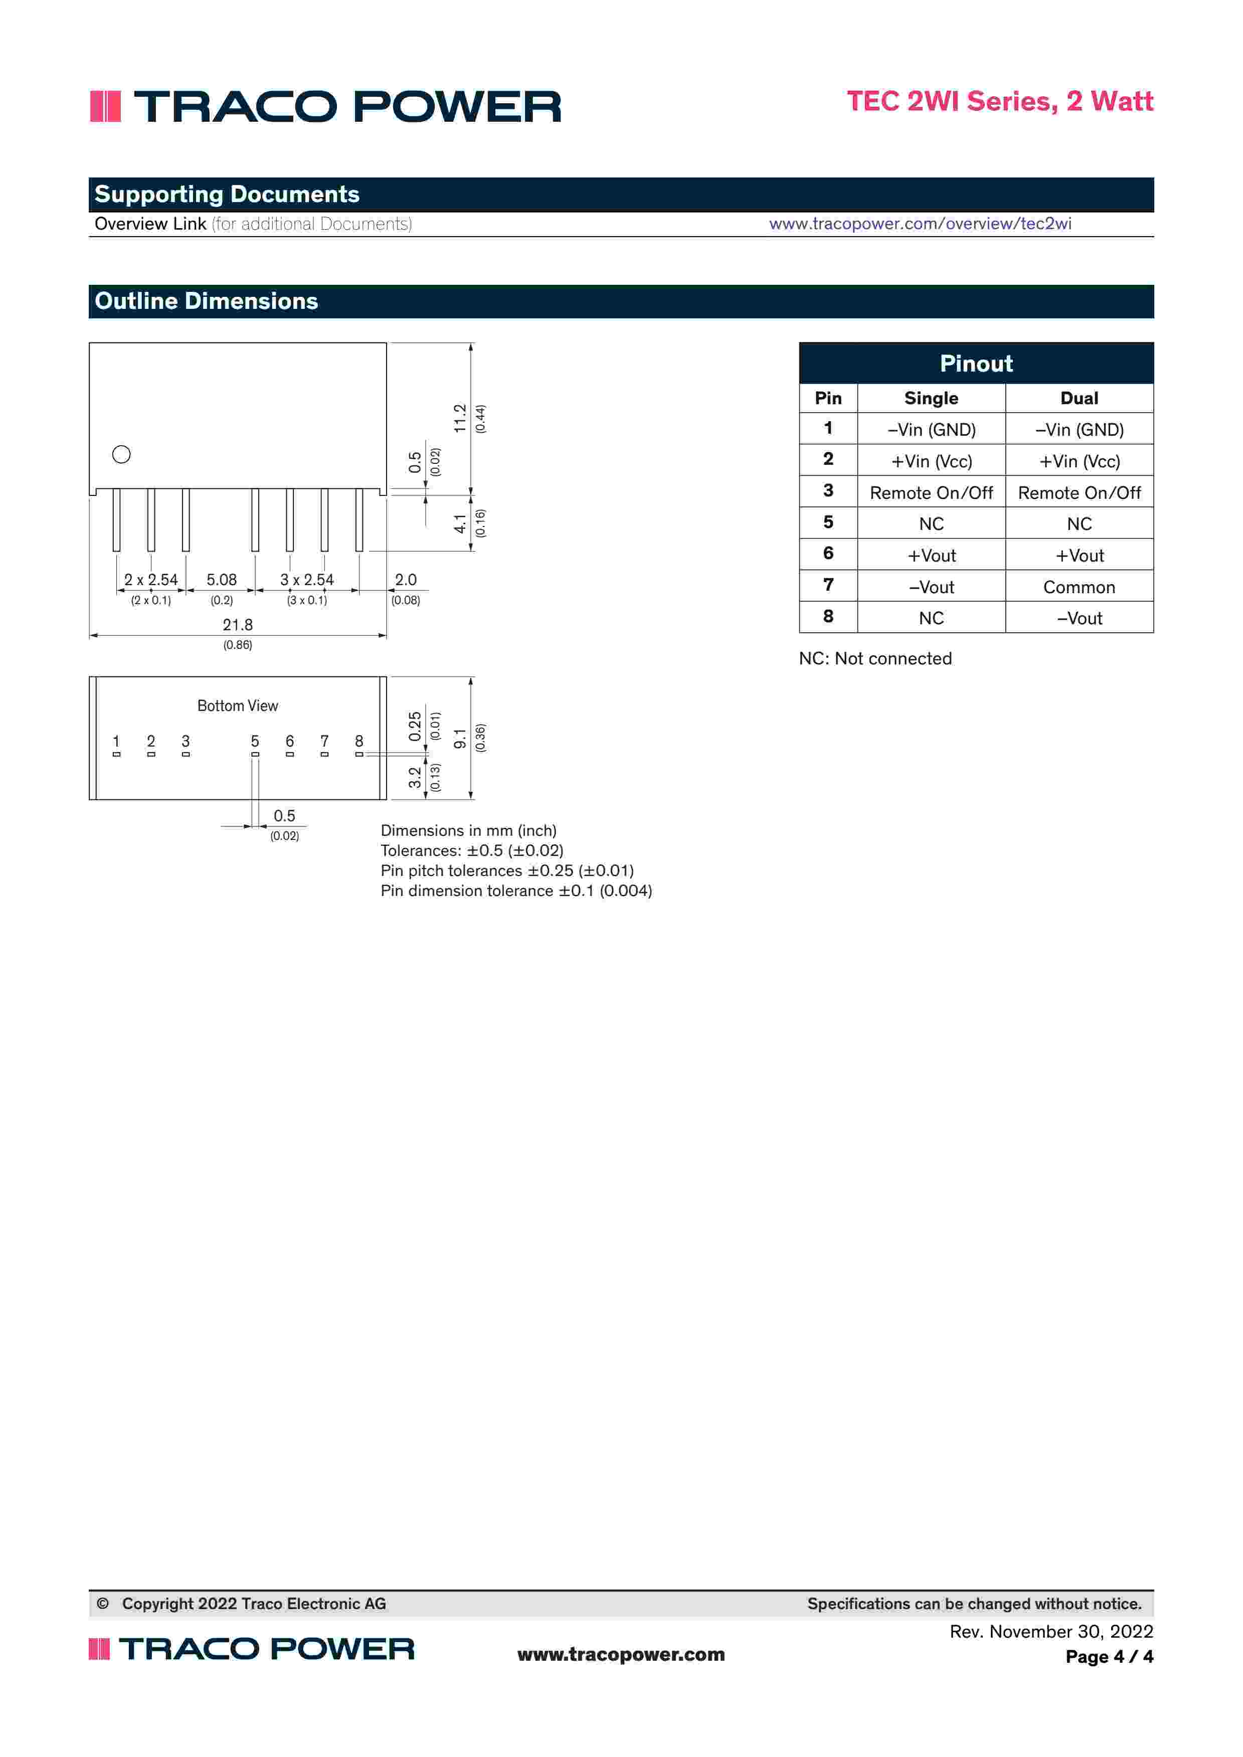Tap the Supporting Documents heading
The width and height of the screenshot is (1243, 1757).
(x=227, y=195)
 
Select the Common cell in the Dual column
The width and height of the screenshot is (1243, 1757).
(x=1079, y=587)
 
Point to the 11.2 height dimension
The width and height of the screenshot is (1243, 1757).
(x=460, y=419)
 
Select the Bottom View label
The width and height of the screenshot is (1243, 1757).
(x=237, y=706)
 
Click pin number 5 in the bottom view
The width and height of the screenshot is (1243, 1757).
(x=255, y=741)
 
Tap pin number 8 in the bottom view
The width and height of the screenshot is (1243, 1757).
(x=359, y=741)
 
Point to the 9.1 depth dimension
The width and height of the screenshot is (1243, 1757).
(x=460, y=739)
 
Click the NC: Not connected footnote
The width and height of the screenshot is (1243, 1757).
(x=875, y=658)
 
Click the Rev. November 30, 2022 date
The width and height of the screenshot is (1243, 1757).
(x=1051, y=1632)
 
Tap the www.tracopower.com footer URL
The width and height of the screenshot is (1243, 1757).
(x=621, y=1654)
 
